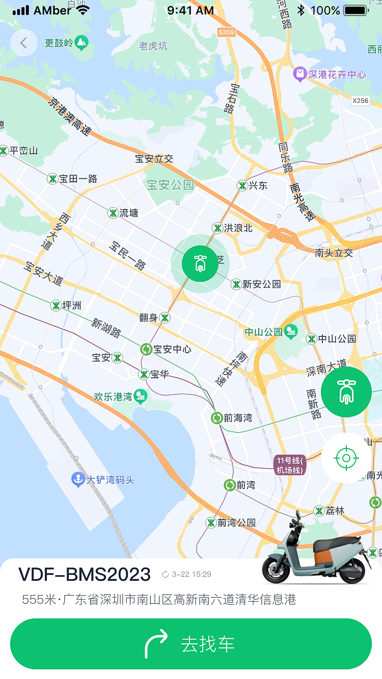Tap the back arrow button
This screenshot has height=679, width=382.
click(23, 43)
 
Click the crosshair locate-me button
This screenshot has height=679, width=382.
click(346, 458)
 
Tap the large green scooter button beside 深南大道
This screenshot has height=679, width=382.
click(346, 392)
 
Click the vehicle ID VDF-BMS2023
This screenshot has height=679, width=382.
click(85, 574)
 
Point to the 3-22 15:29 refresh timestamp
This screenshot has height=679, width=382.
click(187, 575)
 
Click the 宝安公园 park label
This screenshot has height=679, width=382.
click(170, 185)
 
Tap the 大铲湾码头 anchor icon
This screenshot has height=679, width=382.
click(77, 479)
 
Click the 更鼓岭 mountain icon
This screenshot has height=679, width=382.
click(81, 43)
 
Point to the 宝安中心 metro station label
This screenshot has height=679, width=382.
click(172, 349)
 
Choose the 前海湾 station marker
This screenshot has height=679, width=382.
click(217, 418)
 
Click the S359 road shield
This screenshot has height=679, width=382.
click(226, 32)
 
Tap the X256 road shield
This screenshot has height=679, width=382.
click(360, 100)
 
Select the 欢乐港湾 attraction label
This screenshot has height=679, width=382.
click(113, 397)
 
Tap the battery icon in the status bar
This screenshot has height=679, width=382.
click(356, 10)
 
